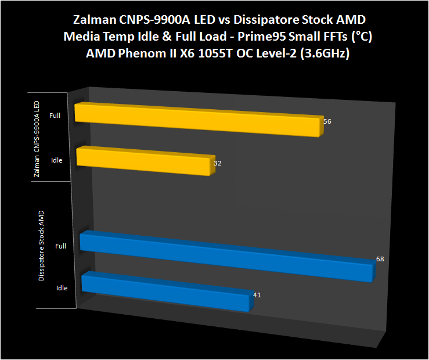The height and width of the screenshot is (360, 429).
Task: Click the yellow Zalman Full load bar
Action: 197,120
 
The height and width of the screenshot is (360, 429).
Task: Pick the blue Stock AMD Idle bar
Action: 165,292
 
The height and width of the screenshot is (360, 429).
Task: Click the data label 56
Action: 327,122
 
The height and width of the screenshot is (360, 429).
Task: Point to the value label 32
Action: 218,163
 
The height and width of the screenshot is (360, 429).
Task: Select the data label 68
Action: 380,259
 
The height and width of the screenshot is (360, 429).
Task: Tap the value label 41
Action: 257,295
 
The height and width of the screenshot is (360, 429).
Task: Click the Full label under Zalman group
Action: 55,116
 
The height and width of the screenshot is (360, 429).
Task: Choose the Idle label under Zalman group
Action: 56,160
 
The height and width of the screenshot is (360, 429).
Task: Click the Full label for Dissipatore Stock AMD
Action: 60,246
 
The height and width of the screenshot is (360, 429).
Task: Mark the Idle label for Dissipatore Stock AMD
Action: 62,287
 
